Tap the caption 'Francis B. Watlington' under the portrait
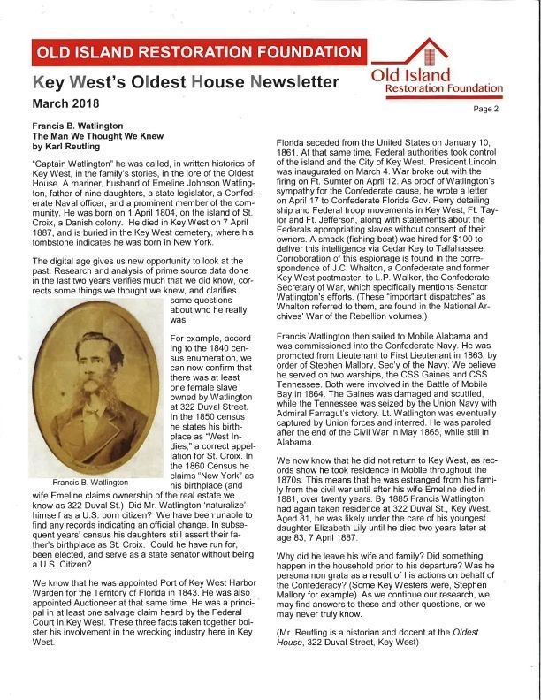coord(90,483)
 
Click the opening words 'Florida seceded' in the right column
coord(308,142)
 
